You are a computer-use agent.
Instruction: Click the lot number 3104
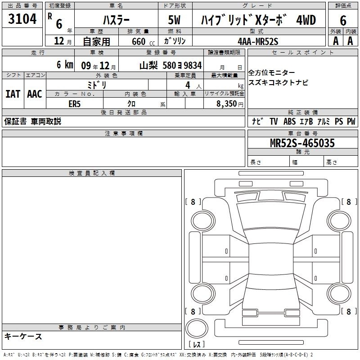tap(22, 19)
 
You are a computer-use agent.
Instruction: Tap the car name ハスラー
tap(116, 20)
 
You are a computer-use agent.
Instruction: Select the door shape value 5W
tap(174, 20)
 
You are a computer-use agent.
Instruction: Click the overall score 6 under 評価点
tap(343, 21)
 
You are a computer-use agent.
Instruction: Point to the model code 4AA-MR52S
tap(258, 41)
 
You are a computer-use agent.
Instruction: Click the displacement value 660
tap(139, 41)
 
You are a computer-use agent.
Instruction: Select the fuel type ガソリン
tap(175, 41)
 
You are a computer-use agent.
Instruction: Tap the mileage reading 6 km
tap(65, 64)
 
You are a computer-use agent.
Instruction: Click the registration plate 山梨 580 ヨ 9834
tap(171, 65)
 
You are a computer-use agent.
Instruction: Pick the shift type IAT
tap(13, 94)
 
